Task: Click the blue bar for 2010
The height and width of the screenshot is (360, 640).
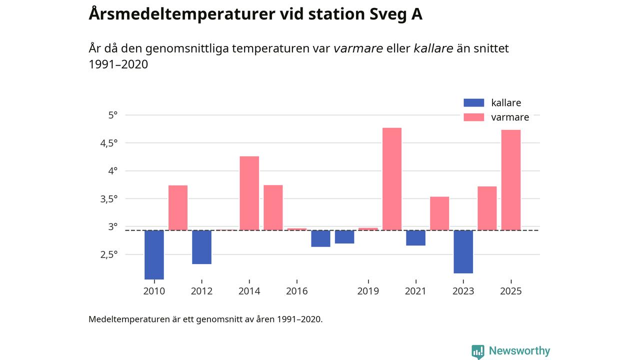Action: point(154,254)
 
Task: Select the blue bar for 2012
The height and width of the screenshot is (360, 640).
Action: point(201,247)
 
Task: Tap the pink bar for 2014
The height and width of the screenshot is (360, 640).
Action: point(249,193)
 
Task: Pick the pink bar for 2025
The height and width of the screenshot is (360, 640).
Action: point(511,180)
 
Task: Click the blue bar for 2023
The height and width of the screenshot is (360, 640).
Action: point(463,251)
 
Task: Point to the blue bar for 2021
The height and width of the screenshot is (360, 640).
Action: point(415,238)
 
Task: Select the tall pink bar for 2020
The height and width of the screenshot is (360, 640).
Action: point(392,179)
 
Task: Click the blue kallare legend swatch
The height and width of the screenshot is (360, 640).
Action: point(474,103)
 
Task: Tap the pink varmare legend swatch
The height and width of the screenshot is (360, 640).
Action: point(474,117)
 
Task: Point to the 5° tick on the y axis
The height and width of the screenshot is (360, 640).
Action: point(113,115)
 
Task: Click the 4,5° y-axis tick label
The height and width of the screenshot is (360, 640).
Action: point(108,143)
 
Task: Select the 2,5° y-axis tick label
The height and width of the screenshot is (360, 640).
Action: point(108,254)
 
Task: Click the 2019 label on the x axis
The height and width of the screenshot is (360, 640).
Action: point(368,291)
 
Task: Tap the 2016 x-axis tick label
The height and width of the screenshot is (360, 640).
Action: point(296,291)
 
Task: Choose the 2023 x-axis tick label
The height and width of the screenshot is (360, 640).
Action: point(463,291)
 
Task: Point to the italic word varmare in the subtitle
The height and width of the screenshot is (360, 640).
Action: point(358,48)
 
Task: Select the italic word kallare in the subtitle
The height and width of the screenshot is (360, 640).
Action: point(433,48)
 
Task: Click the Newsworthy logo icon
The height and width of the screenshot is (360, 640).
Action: point(478,351)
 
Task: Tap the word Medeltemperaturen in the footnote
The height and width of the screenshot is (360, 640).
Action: point(128,319)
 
